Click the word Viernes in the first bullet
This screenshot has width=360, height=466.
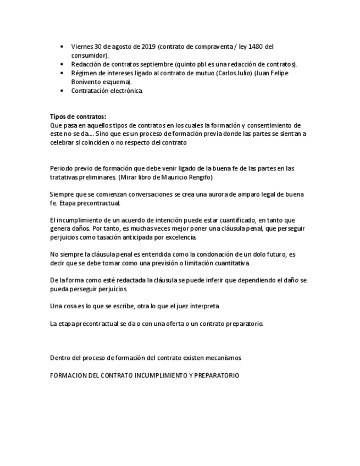click(x=82, y=47)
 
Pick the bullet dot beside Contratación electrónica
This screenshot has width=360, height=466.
click(x=61, y=91)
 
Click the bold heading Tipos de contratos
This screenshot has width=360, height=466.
click(x=78, y=116)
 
